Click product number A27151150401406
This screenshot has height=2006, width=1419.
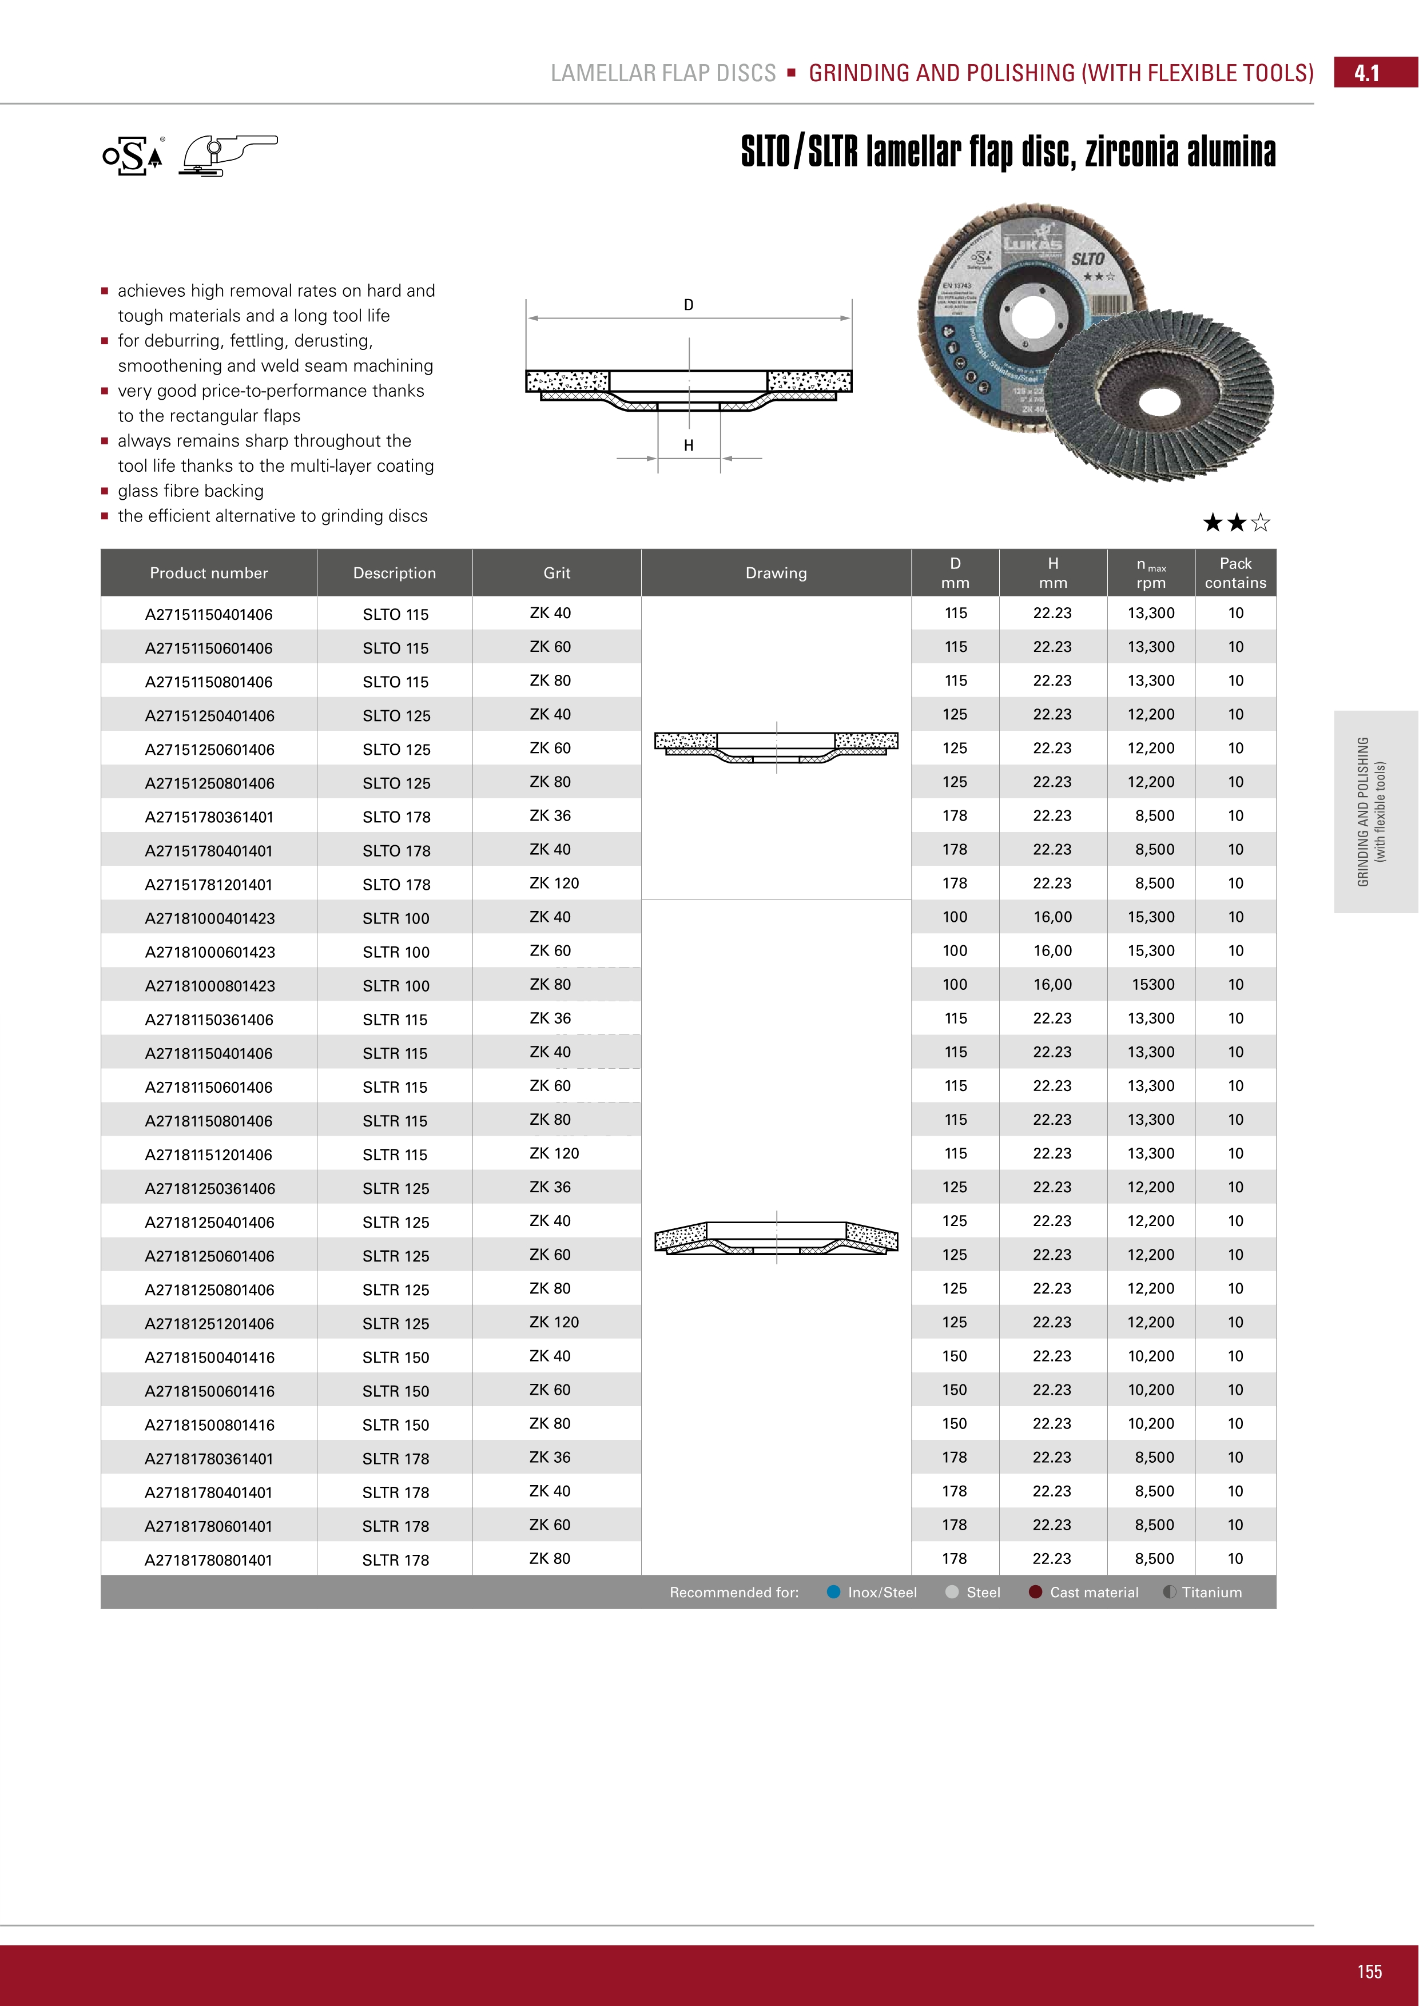[x=209, y=614]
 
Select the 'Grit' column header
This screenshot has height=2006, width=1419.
[x=557, y=573]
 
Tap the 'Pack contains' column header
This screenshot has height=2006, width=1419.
[x=1235, y=573]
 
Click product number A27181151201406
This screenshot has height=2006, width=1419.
[x=209, y=1155]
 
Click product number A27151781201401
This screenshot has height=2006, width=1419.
[x=209, y=884]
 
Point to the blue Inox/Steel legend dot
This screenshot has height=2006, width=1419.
[x=833, y=1592]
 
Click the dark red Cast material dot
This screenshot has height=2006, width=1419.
[x=1035, y=1592]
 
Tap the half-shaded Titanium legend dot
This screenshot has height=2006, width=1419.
[x=1169, y=1592]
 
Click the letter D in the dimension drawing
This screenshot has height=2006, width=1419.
[x=689, y=305]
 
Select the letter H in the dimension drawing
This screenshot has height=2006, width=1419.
[x=689, y=445]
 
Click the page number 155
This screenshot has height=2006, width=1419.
[x=1369, y=1972]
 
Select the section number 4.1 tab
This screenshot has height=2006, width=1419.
[x=1366, y=73]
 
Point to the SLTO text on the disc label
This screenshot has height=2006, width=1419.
[x=1088, y=258]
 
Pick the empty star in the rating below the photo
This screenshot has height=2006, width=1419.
[x=1260, y=523]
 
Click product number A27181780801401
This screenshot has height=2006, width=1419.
[x=209, y=1561]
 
